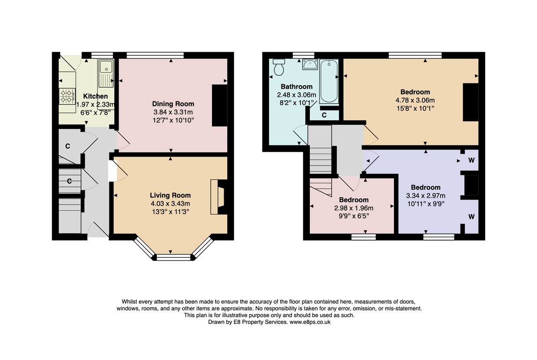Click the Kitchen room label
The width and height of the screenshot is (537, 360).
tap(95, 96)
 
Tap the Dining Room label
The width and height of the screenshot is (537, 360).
tap(173, 104)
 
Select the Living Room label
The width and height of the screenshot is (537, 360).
tap(170, 196)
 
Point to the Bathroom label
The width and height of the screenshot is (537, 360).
tap(297, 87)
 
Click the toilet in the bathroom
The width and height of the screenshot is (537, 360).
tap(279, 67)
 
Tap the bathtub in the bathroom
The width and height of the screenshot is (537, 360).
tap(329, 81)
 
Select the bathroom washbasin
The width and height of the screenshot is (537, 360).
tap(310, 64)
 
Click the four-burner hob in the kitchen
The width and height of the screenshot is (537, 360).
tap(67, 96)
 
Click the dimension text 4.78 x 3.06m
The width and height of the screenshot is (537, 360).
tap(415, 100)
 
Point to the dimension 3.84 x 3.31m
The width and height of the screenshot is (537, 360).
tap(173, 112)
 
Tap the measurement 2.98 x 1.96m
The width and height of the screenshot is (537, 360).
tap(354, 208)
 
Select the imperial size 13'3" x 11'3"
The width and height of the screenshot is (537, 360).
tap(170, 212)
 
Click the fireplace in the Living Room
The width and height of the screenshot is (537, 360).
tap(219, 197)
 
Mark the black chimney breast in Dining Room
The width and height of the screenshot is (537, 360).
tap(219, 105)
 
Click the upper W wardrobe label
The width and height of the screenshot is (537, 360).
tap(471, 160)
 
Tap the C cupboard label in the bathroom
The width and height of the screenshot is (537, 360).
tap(324, 115)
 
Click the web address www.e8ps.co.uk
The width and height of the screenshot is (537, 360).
tap(310, 322)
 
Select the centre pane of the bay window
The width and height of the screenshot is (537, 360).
tap(173, 257)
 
